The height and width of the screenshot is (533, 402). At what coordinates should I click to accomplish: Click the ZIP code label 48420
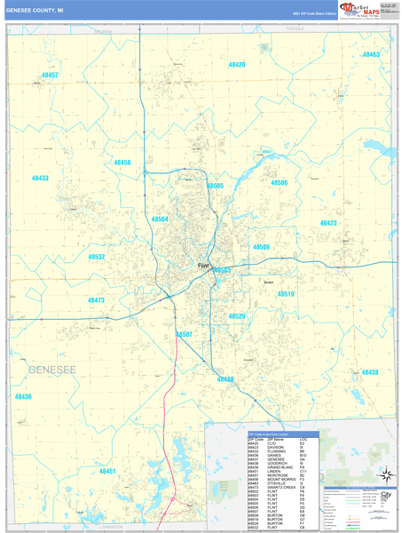click(236, 65)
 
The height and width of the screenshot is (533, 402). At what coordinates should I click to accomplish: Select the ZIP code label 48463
click(370, 55)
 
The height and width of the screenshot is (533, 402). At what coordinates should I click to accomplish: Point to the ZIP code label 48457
click(50, 76)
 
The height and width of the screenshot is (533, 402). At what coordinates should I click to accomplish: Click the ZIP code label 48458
click(122, 163)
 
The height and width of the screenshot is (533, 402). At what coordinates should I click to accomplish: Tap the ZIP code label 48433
click(40, 179)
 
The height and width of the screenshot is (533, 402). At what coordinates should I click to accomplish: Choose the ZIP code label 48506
click(279, 183)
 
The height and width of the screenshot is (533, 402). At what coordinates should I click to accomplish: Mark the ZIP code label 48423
click(328, 223)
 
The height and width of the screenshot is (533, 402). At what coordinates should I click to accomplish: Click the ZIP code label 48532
click(97, 257)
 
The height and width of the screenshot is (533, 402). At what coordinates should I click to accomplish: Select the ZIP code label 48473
click(96, 301)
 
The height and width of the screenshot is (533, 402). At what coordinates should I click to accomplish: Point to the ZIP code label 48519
click(285, 294)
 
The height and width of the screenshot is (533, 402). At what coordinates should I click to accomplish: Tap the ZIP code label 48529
click(237, 316)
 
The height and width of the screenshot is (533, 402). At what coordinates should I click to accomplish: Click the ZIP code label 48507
click(185, 334)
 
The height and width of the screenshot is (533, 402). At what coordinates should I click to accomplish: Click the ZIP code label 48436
click(22, 396)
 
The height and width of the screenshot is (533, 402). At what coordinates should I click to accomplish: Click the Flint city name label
click(203, 265)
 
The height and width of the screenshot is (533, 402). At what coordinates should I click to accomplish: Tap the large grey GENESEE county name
click(51, 368)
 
